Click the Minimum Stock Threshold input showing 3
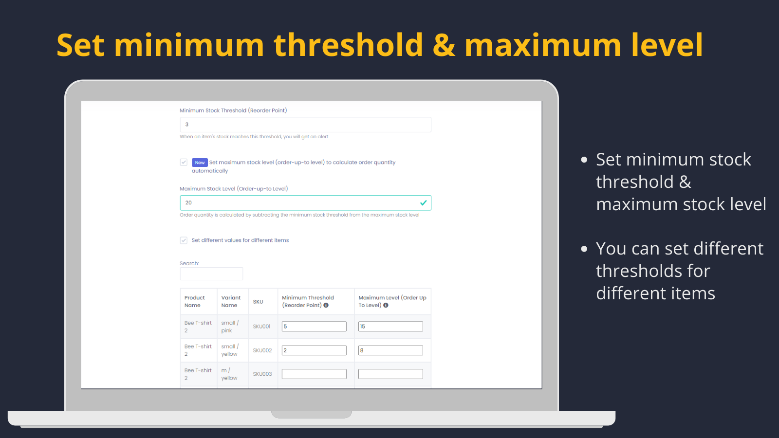[x=305, y=125]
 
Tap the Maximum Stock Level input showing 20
[x=305, y=202]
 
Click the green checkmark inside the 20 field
[x=423, y=202]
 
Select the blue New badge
[x=200, y=163]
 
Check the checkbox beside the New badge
[x=184, y=163]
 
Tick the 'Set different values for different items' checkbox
[x=184, y=240]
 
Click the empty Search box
[x=211, y=274]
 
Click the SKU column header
[x=258, y=302]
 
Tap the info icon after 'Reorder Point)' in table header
[x=326, y=305]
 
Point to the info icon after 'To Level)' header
[x=386, y=305]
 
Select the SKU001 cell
[x=261, y=327]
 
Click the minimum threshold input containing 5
[x=314, y=327]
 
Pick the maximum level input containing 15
[x=390, y=327]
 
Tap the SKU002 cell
[x=262, y=350]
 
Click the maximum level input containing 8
[x=390, y=350]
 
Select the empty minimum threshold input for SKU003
[x=314, y=374]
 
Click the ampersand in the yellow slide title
[x=444, y=45]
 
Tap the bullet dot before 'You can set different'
[x=584, y=249]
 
